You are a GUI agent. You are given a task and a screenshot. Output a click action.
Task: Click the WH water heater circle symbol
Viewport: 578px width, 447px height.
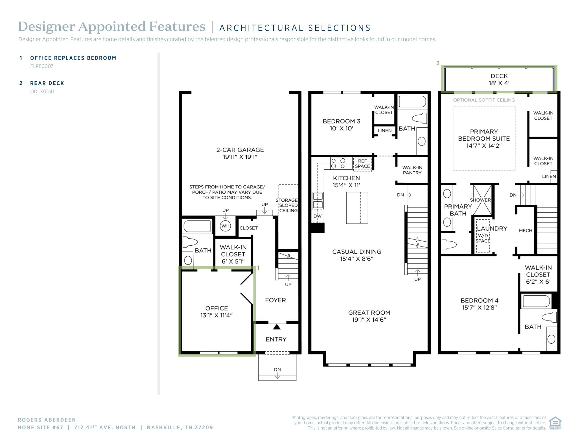225,226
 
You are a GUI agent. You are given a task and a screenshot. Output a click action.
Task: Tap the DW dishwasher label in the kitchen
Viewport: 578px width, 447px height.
318,216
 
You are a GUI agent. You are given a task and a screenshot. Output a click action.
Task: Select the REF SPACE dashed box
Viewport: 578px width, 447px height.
362,164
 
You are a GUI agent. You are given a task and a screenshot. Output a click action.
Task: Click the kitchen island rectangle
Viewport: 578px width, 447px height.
357,208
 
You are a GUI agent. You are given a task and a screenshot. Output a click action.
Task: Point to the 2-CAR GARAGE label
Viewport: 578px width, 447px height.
240,150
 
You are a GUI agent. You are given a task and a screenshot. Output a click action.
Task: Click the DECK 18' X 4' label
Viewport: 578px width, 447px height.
499,79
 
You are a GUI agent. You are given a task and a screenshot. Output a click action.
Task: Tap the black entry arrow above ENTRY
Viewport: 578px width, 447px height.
277,327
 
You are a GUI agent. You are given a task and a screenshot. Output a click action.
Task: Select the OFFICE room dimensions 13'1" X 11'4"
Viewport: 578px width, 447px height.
216,315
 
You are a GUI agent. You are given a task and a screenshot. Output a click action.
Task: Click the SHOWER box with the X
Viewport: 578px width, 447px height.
482,200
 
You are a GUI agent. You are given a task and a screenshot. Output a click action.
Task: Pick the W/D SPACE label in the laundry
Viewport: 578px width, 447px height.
483,238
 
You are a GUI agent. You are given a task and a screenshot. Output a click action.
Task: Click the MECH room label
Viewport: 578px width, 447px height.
526,231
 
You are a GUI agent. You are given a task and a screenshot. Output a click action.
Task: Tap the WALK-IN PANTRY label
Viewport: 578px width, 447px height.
412,170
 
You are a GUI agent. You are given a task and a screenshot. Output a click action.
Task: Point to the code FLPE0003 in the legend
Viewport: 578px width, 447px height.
42,66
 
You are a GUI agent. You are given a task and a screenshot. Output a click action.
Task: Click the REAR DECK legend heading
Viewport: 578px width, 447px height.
47,83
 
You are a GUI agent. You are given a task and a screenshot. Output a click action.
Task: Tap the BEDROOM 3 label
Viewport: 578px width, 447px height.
341,121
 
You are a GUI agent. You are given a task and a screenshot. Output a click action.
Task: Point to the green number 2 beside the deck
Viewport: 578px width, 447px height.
438,63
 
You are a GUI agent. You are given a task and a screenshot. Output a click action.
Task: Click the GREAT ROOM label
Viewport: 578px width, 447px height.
369,313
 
